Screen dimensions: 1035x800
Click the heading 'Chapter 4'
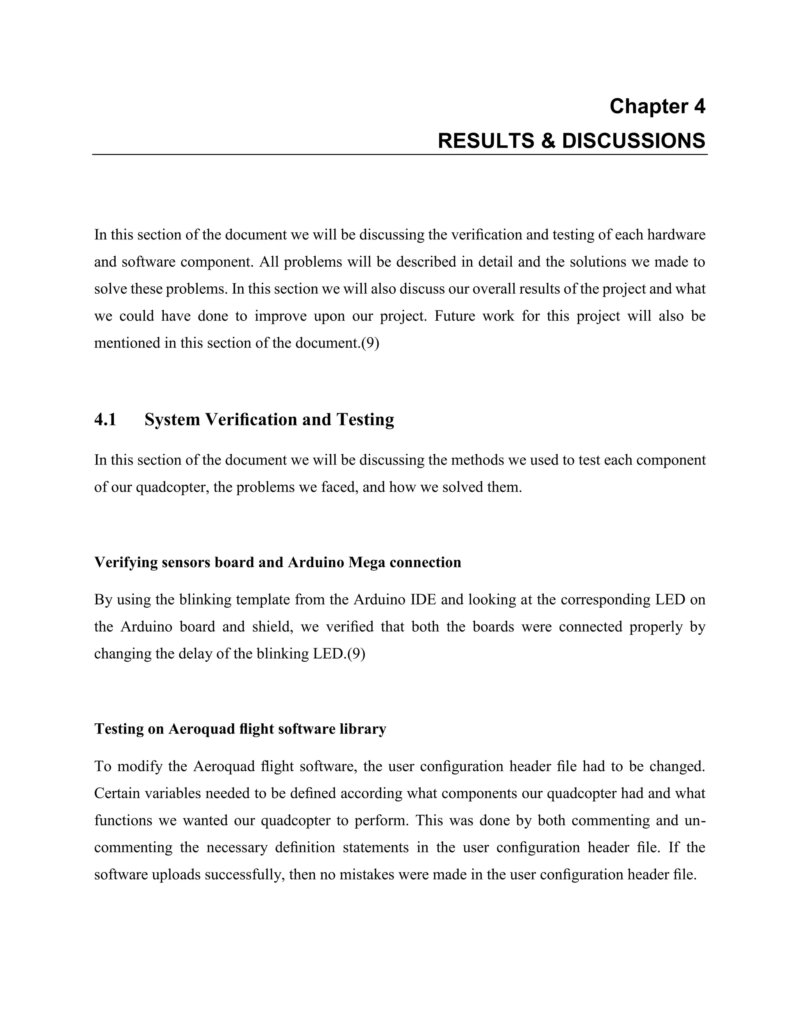[657, 106]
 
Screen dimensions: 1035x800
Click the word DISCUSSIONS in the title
[634, 141]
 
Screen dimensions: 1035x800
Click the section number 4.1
[105, 420]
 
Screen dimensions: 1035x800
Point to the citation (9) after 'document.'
[370, 343]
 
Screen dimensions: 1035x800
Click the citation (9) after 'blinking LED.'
[356, 654]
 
